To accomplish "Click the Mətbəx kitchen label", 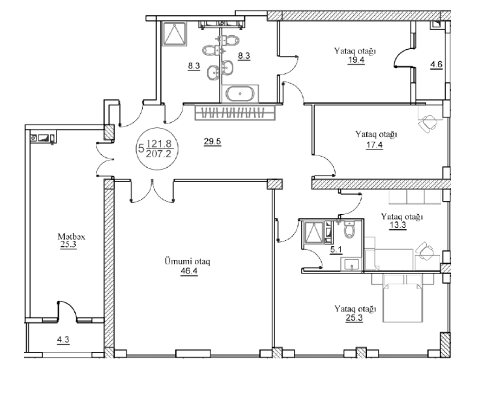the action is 72,236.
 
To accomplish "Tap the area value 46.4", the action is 189,271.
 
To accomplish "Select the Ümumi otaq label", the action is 187,262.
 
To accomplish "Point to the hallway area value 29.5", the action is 212,142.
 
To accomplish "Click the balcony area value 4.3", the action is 63,339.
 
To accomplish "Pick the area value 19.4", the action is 356,59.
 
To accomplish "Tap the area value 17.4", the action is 375,144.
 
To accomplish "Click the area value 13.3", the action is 398,226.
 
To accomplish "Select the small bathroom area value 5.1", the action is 336,250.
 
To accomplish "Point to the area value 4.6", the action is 437,65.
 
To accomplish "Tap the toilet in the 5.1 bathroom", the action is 349,230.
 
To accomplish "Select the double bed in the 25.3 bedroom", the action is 403,298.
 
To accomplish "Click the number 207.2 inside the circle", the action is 159,153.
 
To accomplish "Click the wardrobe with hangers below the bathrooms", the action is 235,112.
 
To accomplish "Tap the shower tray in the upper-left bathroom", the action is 174,34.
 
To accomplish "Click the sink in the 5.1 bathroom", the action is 353,264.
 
